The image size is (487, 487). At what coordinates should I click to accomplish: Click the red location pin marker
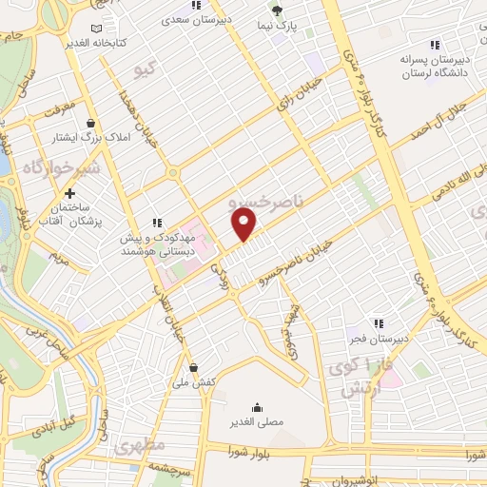[x=245, y=224]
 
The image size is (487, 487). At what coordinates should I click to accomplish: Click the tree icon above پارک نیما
[x=277, y=10]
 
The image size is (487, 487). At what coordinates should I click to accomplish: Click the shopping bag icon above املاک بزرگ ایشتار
[x=90, y=124]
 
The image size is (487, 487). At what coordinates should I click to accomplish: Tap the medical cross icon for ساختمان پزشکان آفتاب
[x=70, y=193]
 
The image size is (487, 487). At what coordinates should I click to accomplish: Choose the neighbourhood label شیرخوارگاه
[x=36, y=168]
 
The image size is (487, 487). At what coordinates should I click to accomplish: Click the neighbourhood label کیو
[x=146, y=68]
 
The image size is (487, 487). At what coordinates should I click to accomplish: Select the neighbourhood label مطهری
[x=140, y=444]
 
